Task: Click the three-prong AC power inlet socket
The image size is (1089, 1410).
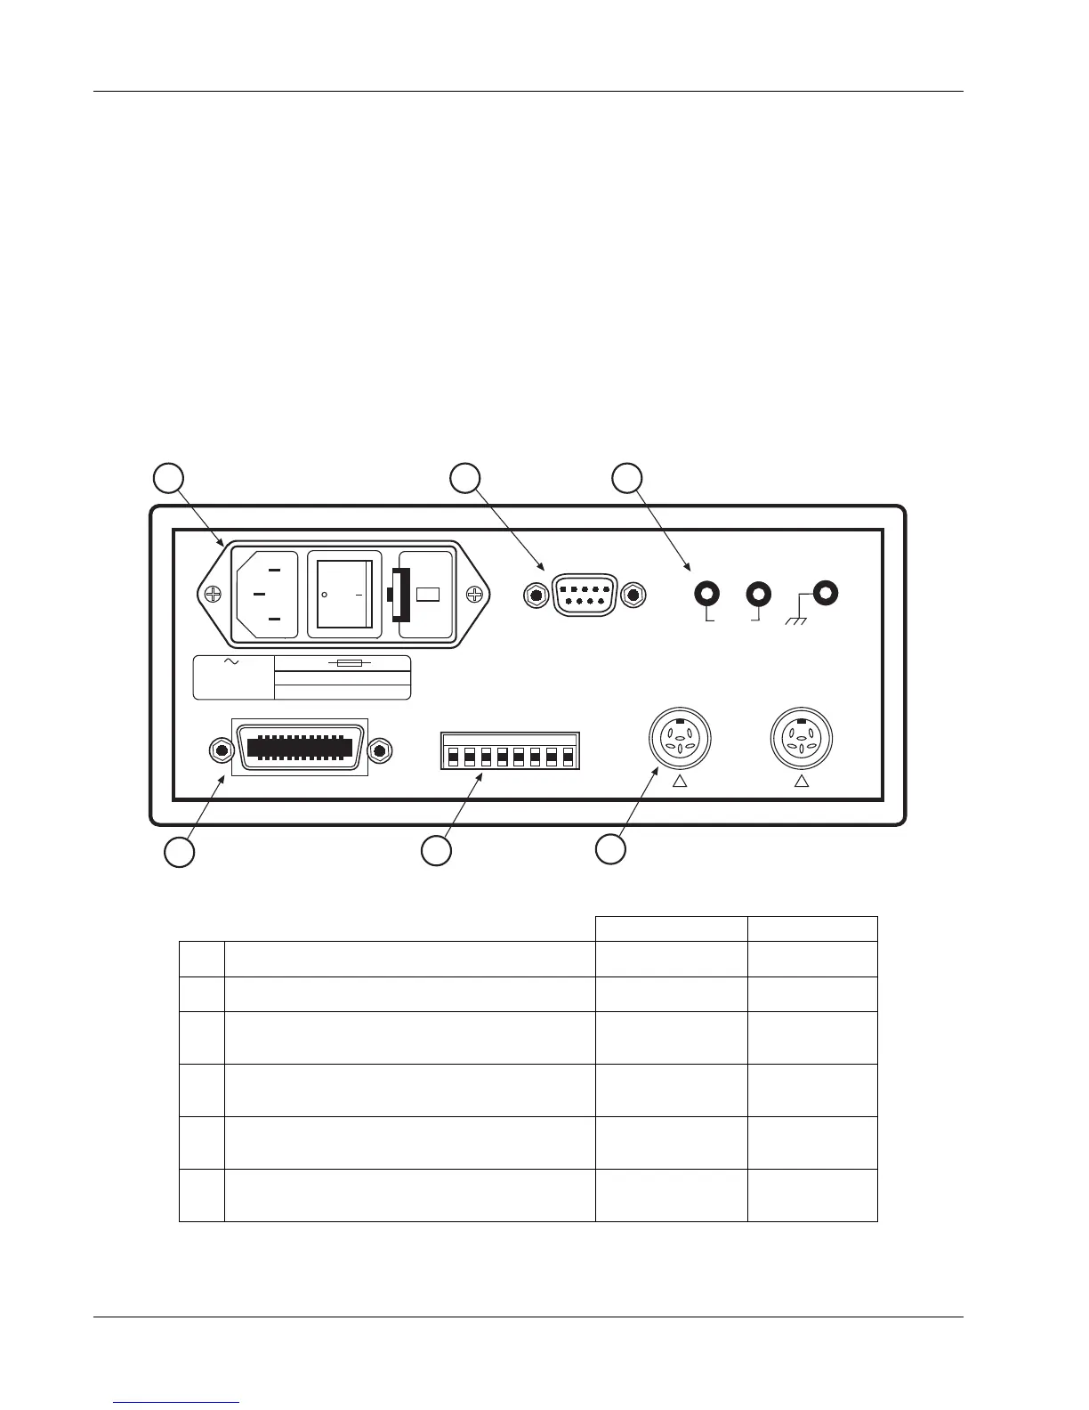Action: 266,595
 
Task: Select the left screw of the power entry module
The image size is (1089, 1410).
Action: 214,596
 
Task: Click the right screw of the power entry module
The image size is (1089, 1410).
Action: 478,595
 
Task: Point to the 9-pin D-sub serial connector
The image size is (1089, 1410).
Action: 584,595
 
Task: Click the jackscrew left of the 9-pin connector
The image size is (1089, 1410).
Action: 535,595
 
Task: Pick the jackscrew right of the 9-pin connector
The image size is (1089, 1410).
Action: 633,595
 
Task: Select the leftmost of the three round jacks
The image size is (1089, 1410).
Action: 707,593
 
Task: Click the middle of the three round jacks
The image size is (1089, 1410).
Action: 759,593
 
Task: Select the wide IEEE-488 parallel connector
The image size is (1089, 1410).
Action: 300,747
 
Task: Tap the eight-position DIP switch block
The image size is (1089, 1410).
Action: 510,751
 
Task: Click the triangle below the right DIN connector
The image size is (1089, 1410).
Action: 801,782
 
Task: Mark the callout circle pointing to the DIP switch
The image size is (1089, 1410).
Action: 436,850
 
